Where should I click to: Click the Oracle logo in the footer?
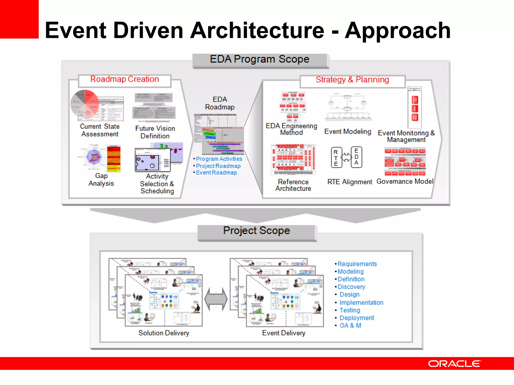coord(455,364)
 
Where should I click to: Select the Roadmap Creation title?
coord(124,79)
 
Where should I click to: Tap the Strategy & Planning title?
coord(352,80)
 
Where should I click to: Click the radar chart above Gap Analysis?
coord(94,157)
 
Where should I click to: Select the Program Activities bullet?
coord(219,159)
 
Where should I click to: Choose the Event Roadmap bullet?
coord(216,173)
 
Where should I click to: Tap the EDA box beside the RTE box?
coord(356,157)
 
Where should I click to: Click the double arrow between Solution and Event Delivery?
coord(216,299)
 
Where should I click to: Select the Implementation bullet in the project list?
coord(361,303)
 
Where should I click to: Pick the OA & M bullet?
coord(350,326)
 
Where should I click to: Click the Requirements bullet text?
coord(357,264)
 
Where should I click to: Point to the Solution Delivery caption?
coord(164,333)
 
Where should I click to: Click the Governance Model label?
coord(405,181)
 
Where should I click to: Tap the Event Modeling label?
coord(348,132)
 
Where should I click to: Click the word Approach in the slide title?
coord(398,31)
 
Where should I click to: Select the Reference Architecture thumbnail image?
coord(293,159)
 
